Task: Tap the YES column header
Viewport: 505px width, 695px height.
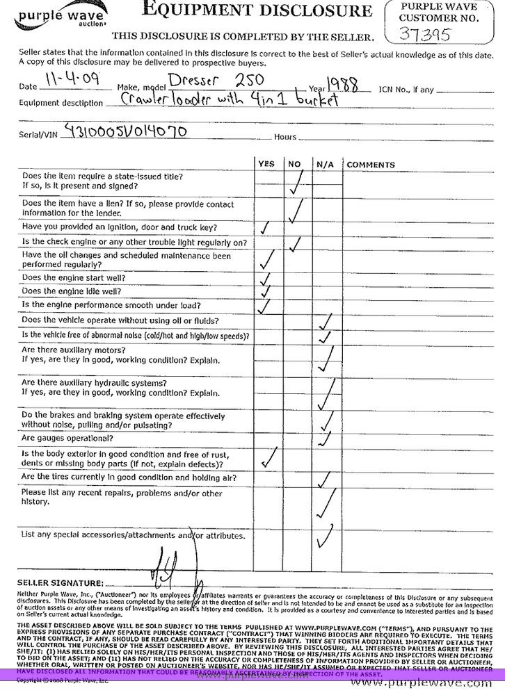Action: (x=266, y=165)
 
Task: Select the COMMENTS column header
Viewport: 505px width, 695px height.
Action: (x=371, y=165)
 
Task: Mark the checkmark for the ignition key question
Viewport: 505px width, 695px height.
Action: (x=265, y=228)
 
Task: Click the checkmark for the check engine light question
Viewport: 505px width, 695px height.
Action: (x=296, y=243)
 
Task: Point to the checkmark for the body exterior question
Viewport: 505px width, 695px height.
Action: (x=268, y=457)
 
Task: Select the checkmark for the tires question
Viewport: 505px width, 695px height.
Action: (x=323, y=480)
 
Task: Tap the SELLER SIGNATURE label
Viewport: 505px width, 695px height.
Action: (x=60, y=582)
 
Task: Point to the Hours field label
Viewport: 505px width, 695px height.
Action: (x=286, y=137)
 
